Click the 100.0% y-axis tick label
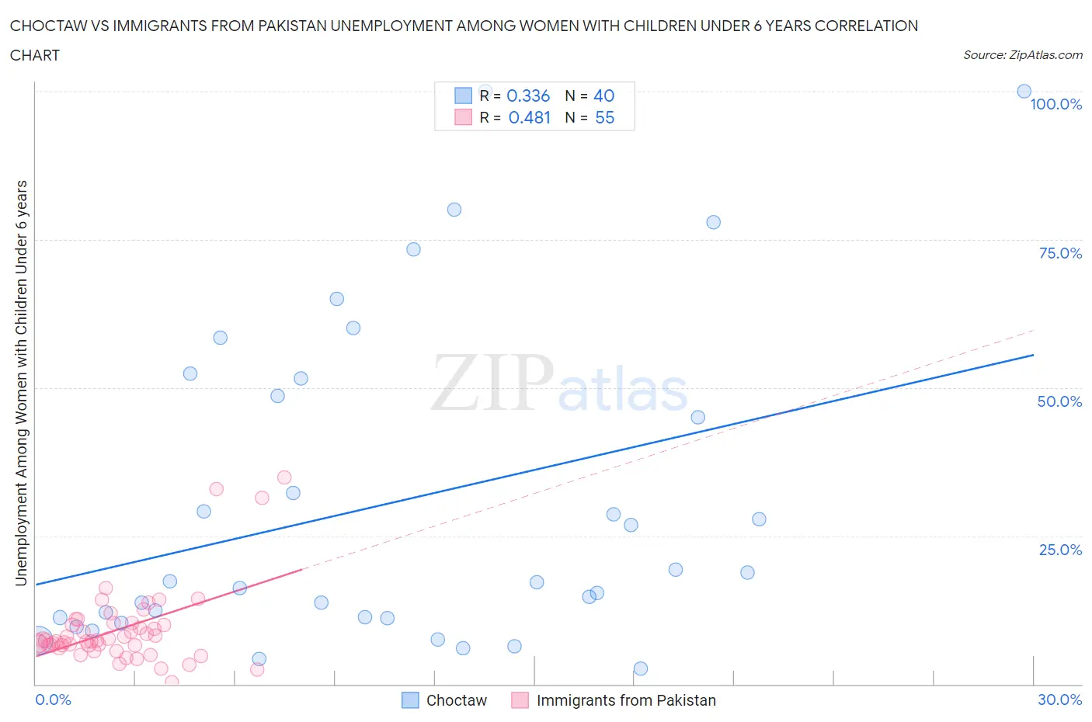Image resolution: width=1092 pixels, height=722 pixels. pyautogui.click(x=1055, y=105)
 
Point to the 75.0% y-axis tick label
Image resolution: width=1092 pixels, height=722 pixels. pyautogui.click(x=1060, y=253)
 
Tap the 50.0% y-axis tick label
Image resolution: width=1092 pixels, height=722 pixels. pyautogui.click(x=1059, y=401)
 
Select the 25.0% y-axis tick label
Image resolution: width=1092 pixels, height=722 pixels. pyautogui.click(x=1060, y=550)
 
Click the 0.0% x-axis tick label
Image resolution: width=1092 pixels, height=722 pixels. pyautogui.click(x=53, y=699)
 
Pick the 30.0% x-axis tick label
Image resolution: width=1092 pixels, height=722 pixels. pyautogui.click(x=1059, y=699)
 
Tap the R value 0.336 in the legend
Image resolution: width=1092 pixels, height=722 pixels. pyautogui.click(x=528, y=95)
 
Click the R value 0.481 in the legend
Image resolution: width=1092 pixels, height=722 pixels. pyautogui.click(x=529, y=117)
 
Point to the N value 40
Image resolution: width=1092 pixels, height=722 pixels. pyautogui.click(x=603, y=95)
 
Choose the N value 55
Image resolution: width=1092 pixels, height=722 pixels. pyautogui.click(x=604, y=117)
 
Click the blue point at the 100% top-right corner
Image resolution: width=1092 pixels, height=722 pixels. pyautogui.click(x=1024, y=92)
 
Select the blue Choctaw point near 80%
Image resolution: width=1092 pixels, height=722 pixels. pyautogui.click(x=454, y=210)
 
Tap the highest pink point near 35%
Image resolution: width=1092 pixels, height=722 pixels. pyautogui.click(x=284, y=477)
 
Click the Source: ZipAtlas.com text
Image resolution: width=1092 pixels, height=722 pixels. pyautogui.click(x=1022, y=55)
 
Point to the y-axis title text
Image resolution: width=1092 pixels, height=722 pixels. pyautogui.click(x=21, y=383)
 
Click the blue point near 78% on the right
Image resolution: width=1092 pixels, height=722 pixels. pyautogui.click(x=713, y=222)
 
